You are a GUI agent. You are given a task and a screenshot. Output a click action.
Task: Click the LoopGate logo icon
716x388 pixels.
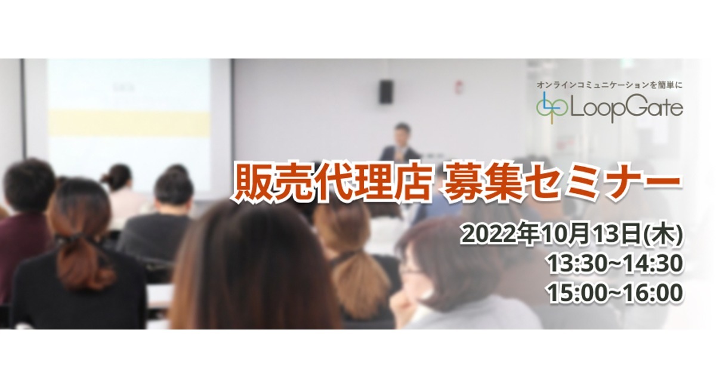(x=552, y=108)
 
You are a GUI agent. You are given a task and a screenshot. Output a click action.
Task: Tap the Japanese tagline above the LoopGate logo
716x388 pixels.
(x=610, y=85)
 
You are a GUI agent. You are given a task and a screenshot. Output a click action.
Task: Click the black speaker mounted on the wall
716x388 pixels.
(x=386, y=92)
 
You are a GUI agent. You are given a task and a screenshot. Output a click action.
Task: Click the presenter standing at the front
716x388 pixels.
(x=400, y=142)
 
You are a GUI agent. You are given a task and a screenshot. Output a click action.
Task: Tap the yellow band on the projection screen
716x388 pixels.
(x=129, y=122)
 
